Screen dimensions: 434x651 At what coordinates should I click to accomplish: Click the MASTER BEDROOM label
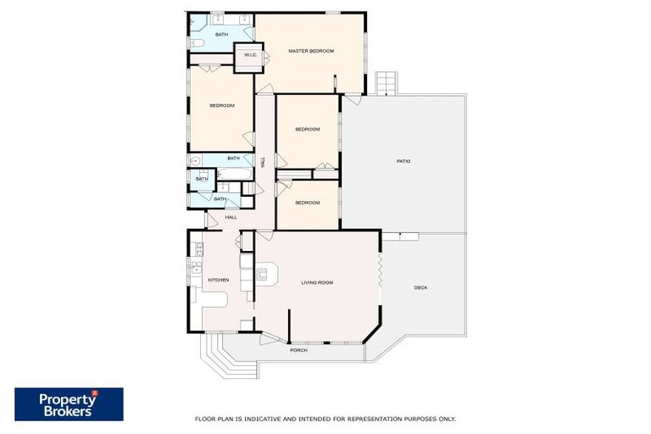tap(311, 51)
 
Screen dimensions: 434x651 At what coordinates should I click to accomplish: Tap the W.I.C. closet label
tap(250, 55)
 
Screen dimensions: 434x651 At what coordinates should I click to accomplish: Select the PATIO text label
tap(403, 161)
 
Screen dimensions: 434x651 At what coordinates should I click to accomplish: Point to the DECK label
tap(420, 287)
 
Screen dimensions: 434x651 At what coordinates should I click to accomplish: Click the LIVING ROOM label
tap(317, 282)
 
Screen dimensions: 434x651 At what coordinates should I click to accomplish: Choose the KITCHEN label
tap(218, 280)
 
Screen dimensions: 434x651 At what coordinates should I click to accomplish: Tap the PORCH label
tap(298, 350)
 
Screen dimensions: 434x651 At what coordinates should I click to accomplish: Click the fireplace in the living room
tap(264, 274)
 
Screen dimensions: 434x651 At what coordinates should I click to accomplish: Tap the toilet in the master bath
tap(194, 42)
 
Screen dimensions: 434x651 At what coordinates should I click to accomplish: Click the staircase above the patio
tap(386, 83)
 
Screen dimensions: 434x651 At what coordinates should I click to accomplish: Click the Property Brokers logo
tap(69, 404)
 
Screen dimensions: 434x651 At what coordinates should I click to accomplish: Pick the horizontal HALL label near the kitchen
tap(231, 217)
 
